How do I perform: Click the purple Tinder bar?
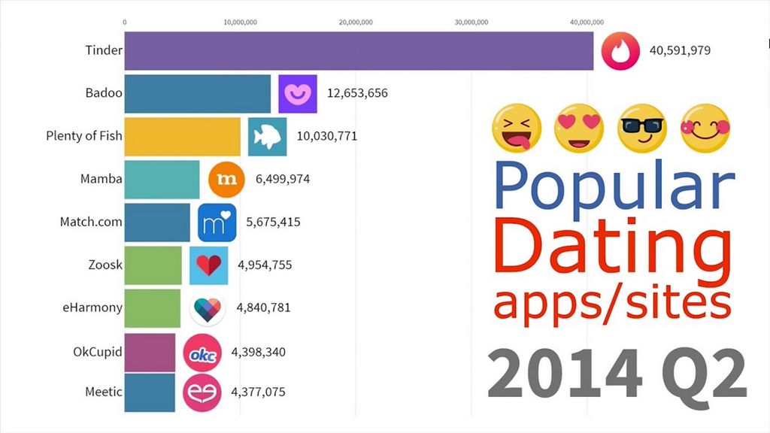358,51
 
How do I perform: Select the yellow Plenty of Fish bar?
182,136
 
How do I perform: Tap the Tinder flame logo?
620,50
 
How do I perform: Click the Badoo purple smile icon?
298,94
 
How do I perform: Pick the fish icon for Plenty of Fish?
267,137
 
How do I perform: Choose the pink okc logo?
202,352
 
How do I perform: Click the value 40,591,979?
680,51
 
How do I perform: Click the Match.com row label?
91,223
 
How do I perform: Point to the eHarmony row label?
92,307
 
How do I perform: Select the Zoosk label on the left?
105,265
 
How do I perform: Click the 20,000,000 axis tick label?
356,22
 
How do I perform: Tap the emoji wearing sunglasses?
641,125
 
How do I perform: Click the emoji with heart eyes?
578,125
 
